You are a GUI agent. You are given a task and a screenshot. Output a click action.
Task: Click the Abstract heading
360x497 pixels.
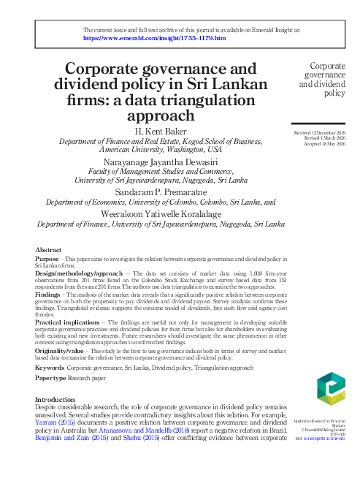point(49,249)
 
